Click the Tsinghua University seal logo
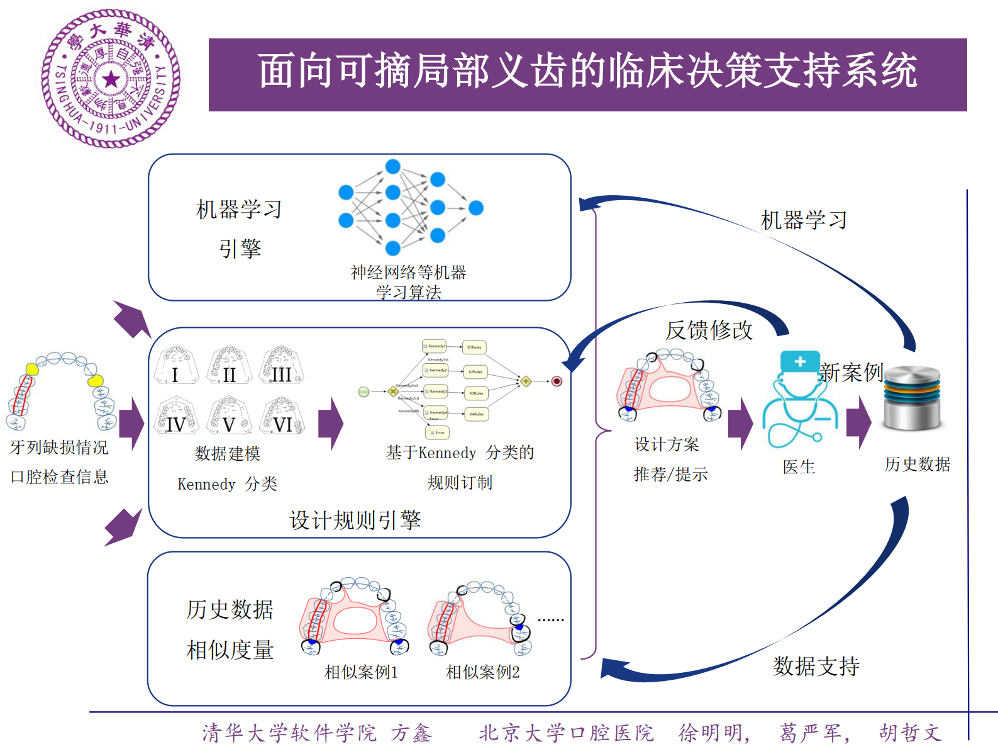111,79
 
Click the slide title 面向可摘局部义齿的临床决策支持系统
587,71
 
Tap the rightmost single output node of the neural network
476,208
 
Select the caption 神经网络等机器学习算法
409,282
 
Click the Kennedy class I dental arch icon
176,365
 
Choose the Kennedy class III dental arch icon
282,365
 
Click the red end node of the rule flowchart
557,381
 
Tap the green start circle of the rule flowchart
363,391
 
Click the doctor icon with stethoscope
800,400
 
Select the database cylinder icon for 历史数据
912,398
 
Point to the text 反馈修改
709,330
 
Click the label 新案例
851,373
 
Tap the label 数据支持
816,666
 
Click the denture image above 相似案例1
354,617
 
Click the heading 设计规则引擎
355,521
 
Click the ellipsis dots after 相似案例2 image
551,620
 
